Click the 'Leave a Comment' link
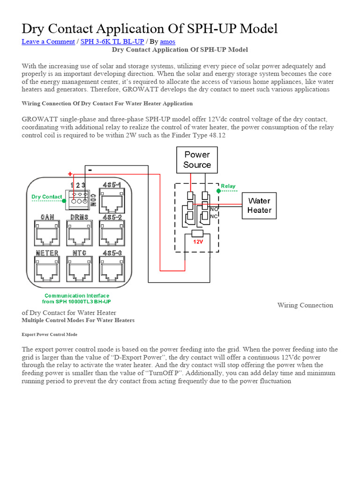(x=48, y=41)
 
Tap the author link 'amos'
(x=167, y=41)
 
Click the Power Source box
(x=197, y=159)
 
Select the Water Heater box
(x=259, y=206)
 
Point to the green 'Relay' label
(x=228, y=186)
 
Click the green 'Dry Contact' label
(x=46, y=197)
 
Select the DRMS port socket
(x=79, y=232)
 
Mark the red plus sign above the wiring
(x=70, y=174)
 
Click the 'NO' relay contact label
(x=214, y=209)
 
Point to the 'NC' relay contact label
(x=214, y=216)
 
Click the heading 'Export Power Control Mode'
(x=50, y=335)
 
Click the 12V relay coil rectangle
(x=197, y=233)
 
